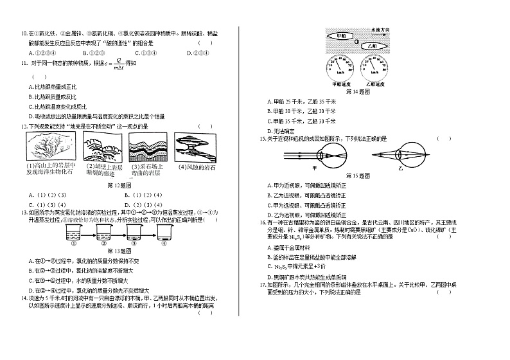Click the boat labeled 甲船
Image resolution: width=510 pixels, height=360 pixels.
tap(341, 37)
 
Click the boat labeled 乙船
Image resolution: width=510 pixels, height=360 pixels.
tap(371, 46)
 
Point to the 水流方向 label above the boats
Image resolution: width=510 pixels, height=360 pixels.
tap(384, 30)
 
